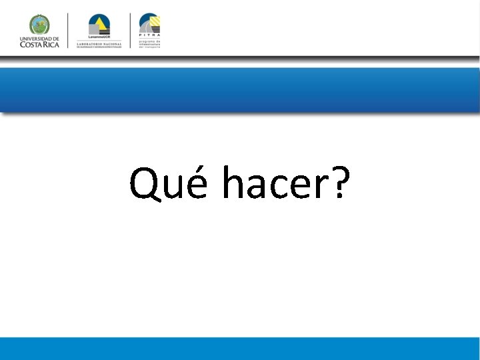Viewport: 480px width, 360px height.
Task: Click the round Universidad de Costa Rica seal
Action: (x=39, y=24)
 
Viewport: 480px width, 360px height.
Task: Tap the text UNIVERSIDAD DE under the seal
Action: (x=39, y=38)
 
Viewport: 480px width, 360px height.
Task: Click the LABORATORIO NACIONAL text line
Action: (x=99, y=43)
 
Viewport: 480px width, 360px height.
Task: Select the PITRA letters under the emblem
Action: (x=149, y=37)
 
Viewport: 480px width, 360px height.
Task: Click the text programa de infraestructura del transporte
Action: (x=149, y=43)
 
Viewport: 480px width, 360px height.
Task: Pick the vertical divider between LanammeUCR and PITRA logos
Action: (x=131, y=30)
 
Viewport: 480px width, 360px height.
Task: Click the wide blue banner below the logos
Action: (x=240, y=89)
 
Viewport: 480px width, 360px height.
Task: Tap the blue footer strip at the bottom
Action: (x=240, y=349)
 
